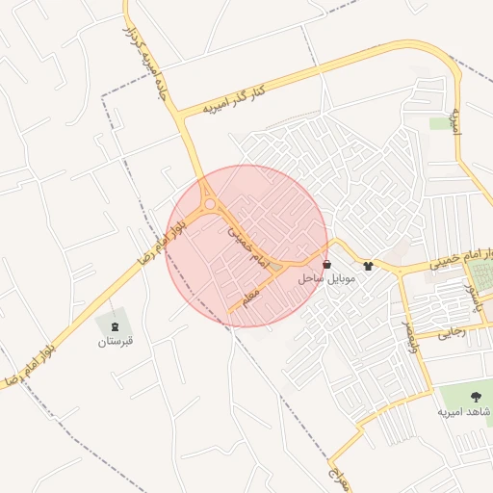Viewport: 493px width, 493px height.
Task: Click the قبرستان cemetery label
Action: pyautogui.click(x=116, y=341)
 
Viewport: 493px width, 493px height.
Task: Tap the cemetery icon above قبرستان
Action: pyautogui.click(x=116, y=324)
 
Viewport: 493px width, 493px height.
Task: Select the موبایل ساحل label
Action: pyautogui.click(x=327, y=278)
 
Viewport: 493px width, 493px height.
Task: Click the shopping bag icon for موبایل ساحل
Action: pyautogui.click(x=327, y=264)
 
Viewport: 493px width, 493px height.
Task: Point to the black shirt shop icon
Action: pyautogui.click(x=367, y=265)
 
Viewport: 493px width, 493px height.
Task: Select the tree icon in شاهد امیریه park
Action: pyautogui.click(x=475, y=396)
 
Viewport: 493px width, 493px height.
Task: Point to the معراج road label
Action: pyautogui.click(x=336, y=476)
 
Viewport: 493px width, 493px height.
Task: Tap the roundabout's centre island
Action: pyautogui.click(x=209, y=203)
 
